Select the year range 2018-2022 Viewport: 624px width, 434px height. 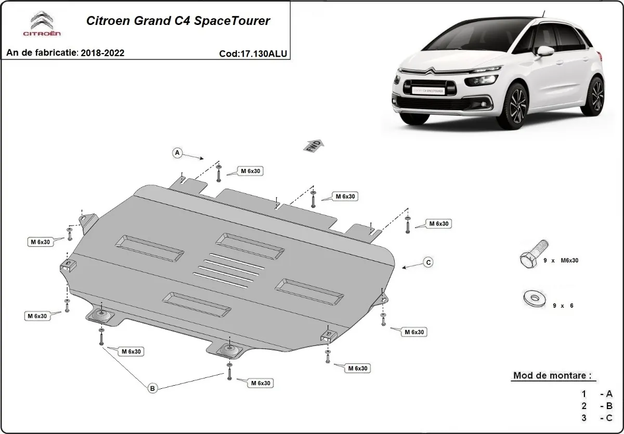(x=102, y=53)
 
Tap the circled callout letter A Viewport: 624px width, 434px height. (x=177, y=153)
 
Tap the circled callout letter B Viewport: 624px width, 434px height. (x=152, y=388)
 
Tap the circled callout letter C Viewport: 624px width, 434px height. (x=428, y=262)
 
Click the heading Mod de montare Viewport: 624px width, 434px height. (x=552, y=375)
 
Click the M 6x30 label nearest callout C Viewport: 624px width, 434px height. (x=438, y=223)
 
